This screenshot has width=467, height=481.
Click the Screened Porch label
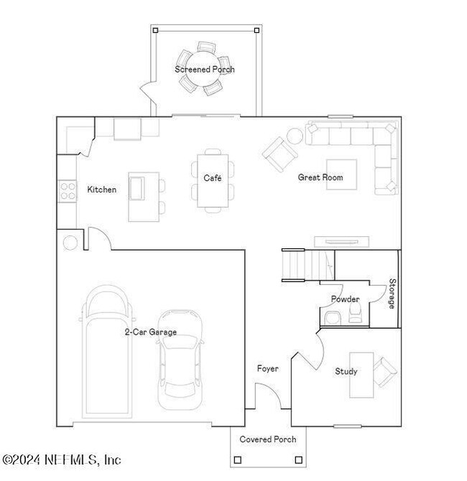coord(205,70)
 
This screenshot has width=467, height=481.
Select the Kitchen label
coord(101,190)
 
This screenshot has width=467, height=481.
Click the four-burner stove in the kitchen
coord(68,190)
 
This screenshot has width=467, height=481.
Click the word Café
coord(212,178)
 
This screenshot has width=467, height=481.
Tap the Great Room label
coord(320,177)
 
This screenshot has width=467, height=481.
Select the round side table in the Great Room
coord(295,136)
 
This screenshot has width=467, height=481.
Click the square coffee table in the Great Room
coord(340,174)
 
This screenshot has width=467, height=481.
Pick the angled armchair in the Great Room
coord(278,153)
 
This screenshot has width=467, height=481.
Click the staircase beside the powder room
coord(295,264)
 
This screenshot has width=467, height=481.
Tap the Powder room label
coord(345,299)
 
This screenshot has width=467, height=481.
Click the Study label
coord(346,372)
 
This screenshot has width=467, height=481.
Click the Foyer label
coord(267,368)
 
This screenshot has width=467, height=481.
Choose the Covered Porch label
coord(267,439)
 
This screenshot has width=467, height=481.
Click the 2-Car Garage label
coord(150,332)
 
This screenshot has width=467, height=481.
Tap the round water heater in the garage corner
coord(70,242)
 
